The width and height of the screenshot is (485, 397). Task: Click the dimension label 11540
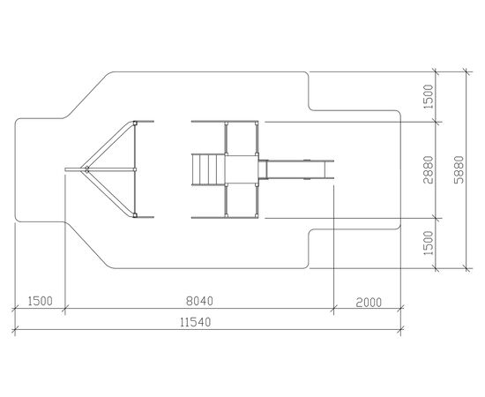pyautogui.click(x=196, y=322)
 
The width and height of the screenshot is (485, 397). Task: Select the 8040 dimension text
pyautogui.click(x=199, y=301)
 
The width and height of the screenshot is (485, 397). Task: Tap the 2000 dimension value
pyautogui.click(x=369, y=303)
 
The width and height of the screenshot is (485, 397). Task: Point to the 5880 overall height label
pyautogui.click(x=459, y=170)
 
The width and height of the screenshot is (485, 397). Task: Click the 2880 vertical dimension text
pyautogui.click(x=428, y=170)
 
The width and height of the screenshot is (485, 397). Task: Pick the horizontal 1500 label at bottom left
pyautogui.click(x=41, y=301)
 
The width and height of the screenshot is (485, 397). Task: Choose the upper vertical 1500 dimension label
pyautogui.click(x=428, y=96)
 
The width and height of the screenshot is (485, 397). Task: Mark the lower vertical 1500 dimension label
pyautogui.click(x=428, y=243)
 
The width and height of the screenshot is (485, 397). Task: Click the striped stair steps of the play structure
pyautogui.click(x=208, y=169)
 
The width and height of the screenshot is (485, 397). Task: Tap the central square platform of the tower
pyautogui.click(x=242, y=169)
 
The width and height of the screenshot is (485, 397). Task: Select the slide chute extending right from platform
pyautogui.click(x=296, y=169)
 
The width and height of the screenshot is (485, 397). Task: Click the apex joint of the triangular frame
pyautogui.click(x=86, y=169)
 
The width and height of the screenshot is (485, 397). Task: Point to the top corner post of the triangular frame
pyautogui.click(x=135, y=123)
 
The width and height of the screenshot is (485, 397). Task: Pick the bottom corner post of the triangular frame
pyautogui.click(x=135, y=215)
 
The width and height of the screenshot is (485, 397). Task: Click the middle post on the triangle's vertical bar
pyautogui.click(x=135, y=169)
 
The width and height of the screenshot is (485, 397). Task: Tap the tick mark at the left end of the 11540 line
pyautogui.click(x=15, y=329)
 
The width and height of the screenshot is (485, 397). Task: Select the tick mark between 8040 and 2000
pyautogui.click(x=333, y=308)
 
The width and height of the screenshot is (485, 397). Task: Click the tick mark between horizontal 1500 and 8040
pyautogui.click(x=65, y=308)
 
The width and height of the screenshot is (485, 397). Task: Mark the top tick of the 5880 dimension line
pyautogui.click(x=467, y=71)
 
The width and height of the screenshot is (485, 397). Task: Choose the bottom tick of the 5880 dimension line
pyautogui.click(x=467, y=268)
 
